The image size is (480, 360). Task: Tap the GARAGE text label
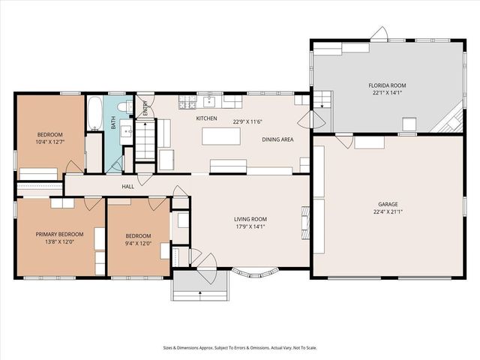(x=388, y=203)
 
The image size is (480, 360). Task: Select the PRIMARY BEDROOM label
(x=59, y=234)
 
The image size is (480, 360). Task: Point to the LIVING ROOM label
(x=250, y=219)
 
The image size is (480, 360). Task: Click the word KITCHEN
(x=206, y=118)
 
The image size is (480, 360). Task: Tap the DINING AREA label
(x=277, y=139)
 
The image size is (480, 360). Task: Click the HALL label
(x=127, y=187)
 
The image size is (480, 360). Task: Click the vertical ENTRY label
(x=145, y=109)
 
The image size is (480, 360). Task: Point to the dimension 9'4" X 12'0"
(x=137, y=243)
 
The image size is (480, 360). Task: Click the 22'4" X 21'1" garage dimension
(x=388, y=211)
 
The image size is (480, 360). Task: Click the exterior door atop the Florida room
(x=379, y=34)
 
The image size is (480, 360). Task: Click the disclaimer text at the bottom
(x=239, y=347)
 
